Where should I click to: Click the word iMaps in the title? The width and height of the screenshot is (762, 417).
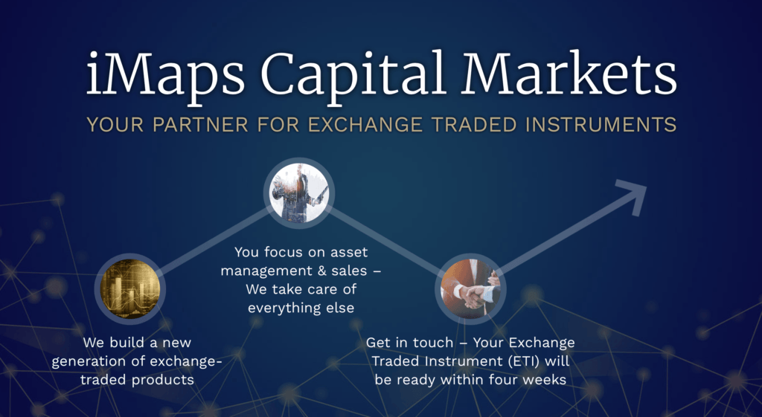coord(166,76)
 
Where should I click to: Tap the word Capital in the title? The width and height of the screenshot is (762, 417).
coord(353,76)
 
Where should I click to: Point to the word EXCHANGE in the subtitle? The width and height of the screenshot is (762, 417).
coord(365,125)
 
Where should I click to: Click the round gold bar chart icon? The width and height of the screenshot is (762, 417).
coord(129,289)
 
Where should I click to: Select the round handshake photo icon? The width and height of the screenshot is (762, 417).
coord(470,289)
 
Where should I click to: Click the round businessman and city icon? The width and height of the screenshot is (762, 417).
coord(299,193)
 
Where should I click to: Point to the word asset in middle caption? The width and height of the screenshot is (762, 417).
coord(349,253)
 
